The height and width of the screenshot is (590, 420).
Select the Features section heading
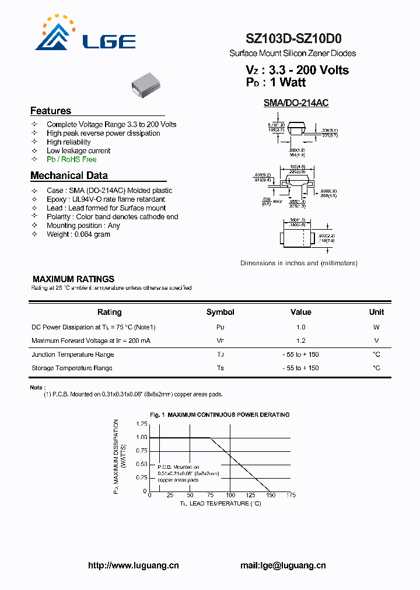[x=51, y=111]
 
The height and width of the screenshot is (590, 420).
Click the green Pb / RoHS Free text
[x=71, y=159]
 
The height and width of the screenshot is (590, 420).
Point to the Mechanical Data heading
[x=69, y=175]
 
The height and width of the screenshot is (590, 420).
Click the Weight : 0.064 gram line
[x=78, y=234]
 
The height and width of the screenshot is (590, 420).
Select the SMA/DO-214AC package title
[x=296, y=103]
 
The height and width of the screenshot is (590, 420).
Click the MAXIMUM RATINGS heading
[x=73, y=279]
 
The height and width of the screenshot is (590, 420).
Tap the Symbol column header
[x=220, y=312]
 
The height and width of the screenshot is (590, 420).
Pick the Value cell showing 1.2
[x=300, y=340]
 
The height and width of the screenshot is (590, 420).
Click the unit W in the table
[x=376, y=327]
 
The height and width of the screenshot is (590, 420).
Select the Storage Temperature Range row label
[x=72, y=368]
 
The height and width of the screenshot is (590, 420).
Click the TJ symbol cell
[x=220, y=354]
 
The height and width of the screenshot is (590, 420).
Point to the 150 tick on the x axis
[x=270, y=496]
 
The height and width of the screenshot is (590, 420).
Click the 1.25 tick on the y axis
[x=141, y=424]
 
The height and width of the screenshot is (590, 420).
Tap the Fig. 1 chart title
[x=219, y=415]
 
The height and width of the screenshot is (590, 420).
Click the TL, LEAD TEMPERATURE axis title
[x=220, y=503]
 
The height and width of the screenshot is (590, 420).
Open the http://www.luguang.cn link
[x=133, y=566]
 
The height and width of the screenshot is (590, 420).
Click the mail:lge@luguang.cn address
[x=283, y=566]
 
